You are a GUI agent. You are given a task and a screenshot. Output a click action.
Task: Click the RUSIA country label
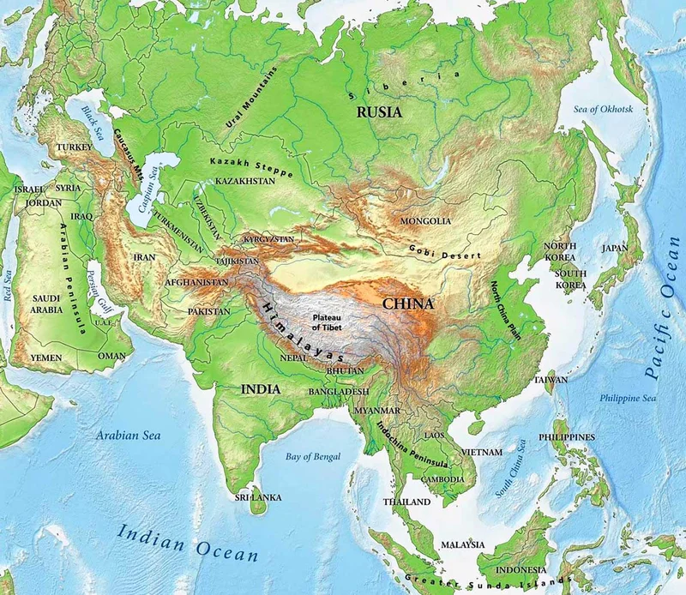tap(380, 111)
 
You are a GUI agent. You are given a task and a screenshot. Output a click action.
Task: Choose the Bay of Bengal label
tap(312, 455)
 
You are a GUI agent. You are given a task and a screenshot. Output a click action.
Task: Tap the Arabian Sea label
tap(129, 435)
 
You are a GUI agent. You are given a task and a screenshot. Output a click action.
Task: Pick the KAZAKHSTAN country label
tap(245, 182)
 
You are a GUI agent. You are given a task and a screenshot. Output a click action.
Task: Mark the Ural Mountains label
tap(250, 99)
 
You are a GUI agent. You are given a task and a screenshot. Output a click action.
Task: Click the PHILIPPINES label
tap(567, 437)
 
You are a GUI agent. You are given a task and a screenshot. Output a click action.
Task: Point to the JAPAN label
tap(615, 248)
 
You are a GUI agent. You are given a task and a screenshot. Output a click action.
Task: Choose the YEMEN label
tap(46, 357)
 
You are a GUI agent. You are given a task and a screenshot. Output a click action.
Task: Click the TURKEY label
tap(74, 147)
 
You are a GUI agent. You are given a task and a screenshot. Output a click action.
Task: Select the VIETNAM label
tap(481, 452)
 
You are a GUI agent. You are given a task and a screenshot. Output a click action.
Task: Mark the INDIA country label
tap(260, 389)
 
